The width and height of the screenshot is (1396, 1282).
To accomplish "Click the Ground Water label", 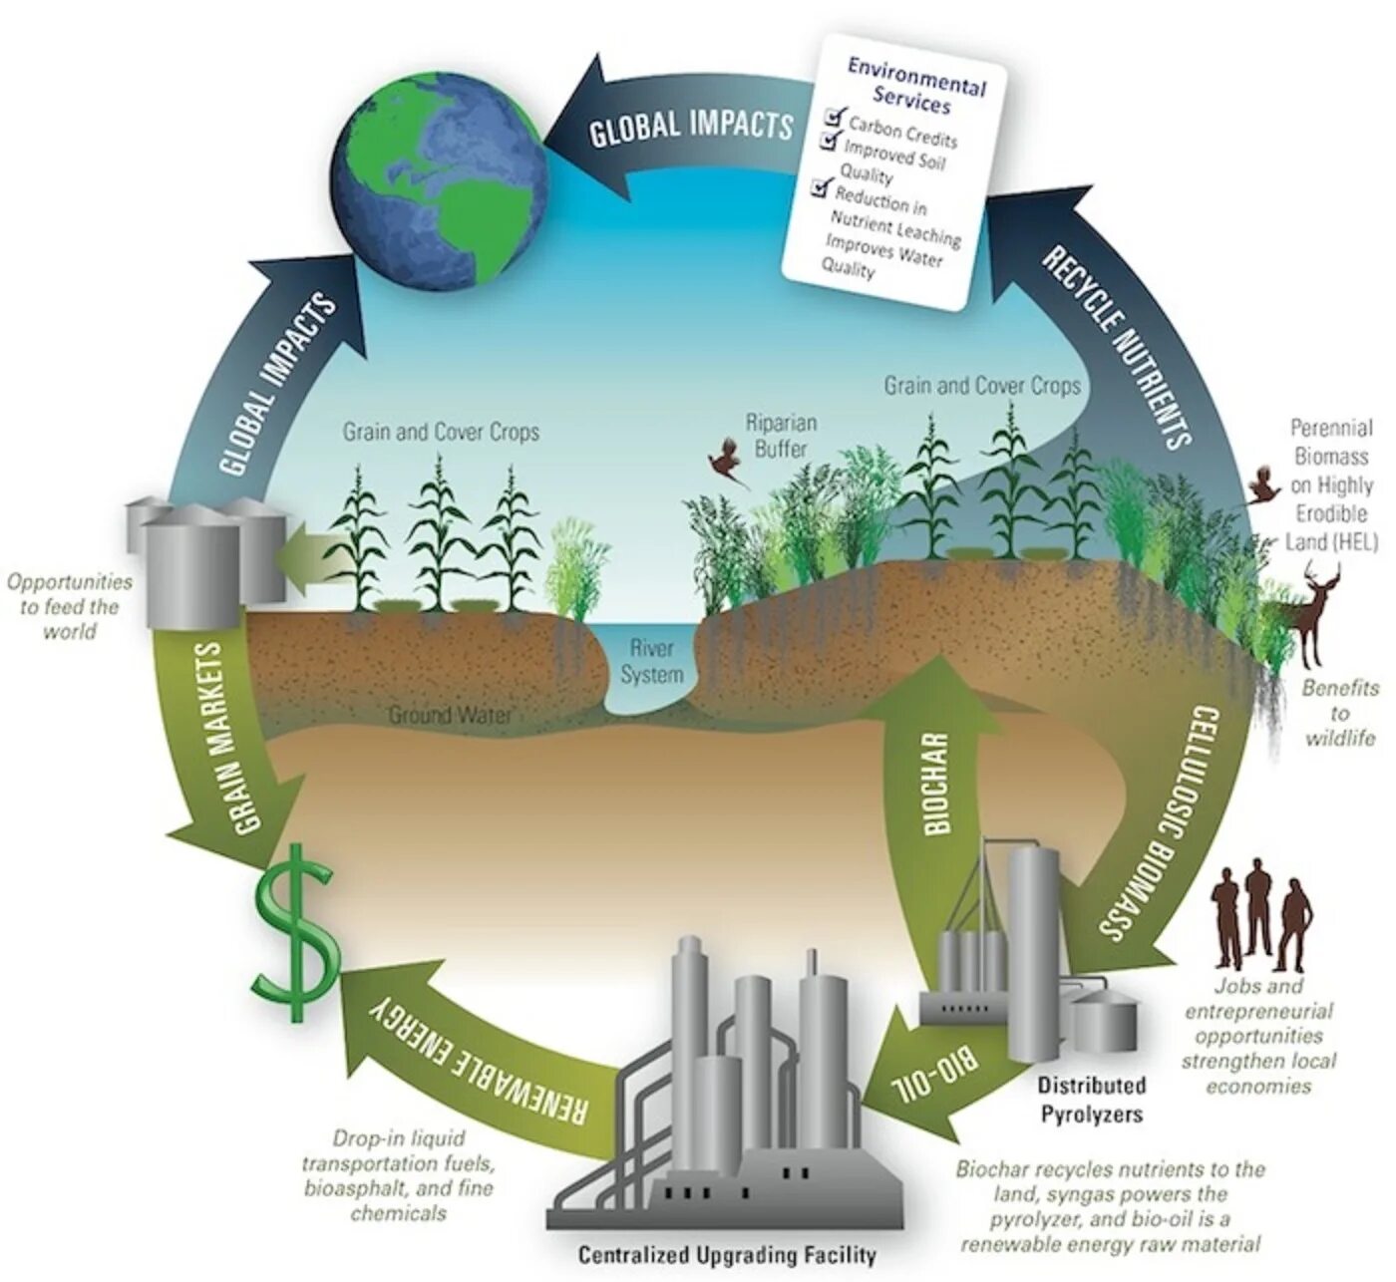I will pyautogui.click(x=450, y=715).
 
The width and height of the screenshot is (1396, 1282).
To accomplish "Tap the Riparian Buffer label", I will pyautogui.click(x=781, y=436).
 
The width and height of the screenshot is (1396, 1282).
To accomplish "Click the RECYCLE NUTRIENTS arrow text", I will pyautogui.click(x=1118, y=346).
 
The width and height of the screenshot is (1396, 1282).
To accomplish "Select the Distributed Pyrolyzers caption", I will pyautogui.click(x=1092, y=1099).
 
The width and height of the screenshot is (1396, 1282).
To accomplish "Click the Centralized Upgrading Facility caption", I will pyautogui.click(x=727, y=1255).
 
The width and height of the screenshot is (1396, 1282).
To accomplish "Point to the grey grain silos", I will pyautogui.click(x=204, y=558).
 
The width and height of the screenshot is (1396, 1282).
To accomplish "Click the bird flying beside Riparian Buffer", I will pyautogui.click(x=728, y=465).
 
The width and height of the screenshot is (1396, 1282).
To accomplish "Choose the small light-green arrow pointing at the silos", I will pyautogui.click(x=305, y=553).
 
